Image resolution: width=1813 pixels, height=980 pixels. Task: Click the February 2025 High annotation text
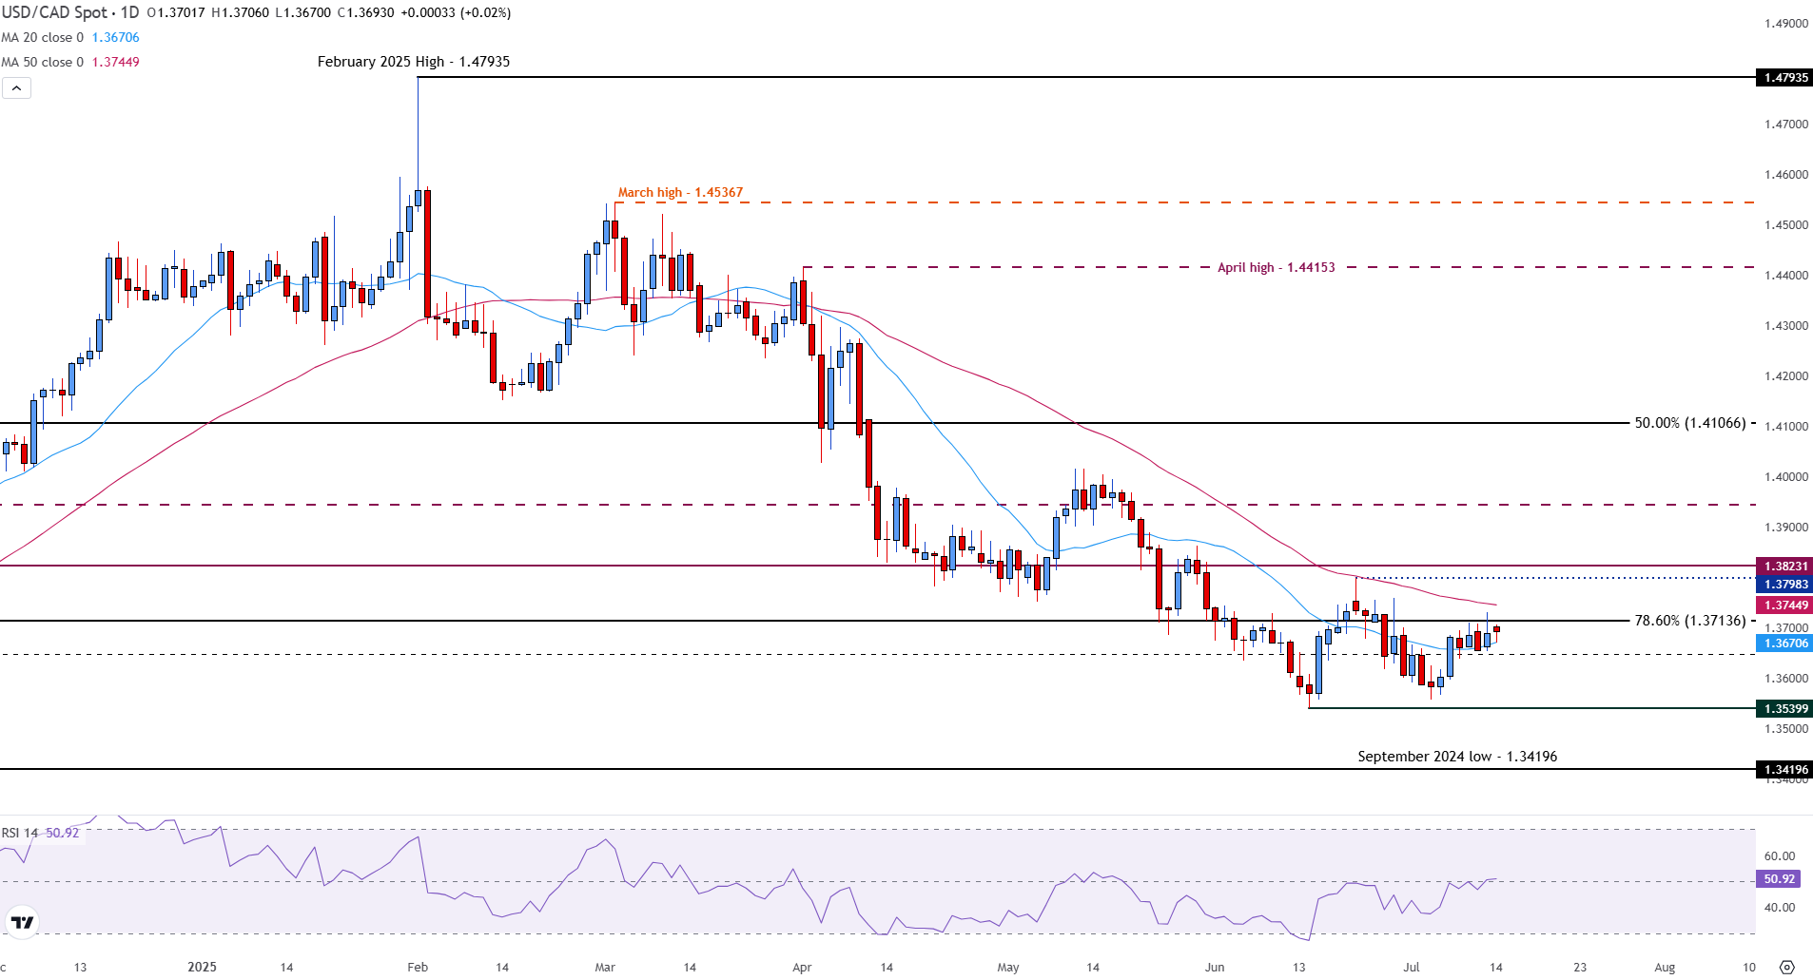click(x=413, y=62)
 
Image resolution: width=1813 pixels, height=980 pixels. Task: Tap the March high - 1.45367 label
click(x=680, y=192)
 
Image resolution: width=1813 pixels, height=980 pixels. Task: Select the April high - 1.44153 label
click(x=1276, y=267)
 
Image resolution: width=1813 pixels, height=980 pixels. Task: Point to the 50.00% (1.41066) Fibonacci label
click(x=1690, y=423)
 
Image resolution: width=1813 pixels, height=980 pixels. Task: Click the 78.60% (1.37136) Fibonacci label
click(x=1689, y=621)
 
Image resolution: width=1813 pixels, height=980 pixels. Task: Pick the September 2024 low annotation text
click(x=1456, y=757)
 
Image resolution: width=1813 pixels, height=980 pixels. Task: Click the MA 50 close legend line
click(x=70, y=62)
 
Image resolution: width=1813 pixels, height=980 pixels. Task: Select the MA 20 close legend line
click(x=70, y=37)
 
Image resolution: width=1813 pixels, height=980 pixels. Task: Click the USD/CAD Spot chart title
click(x=69, y=12)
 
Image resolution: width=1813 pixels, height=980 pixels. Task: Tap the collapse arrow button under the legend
click(x=16, y=88)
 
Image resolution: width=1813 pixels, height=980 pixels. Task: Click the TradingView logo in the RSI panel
click(x=21, y=922)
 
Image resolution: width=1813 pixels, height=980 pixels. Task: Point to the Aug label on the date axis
click(x=1664, y=968)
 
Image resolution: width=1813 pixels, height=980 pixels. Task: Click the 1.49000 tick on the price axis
click(x=1785, y=24)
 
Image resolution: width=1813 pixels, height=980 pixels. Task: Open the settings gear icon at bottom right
click(x=1786, y=968)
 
